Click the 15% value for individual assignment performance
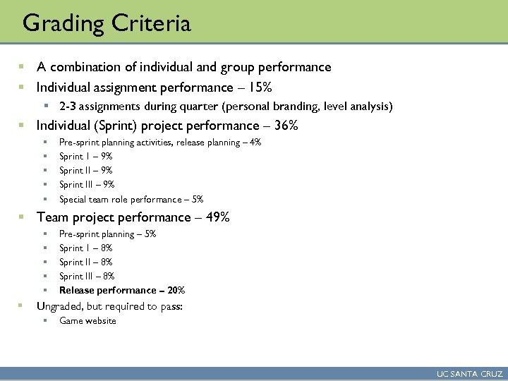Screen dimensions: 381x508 click(x=259, y=87)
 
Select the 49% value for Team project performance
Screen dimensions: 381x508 click(x=216, y=217)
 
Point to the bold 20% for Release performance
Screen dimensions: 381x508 click(x=177, y=290)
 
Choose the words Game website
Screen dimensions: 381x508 click(x=87, y=321)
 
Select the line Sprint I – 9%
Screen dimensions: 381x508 click(x=86, y=156)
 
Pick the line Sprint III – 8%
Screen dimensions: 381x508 click(x=87, y=276)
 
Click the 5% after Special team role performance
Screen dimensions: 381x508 click(x=197, y=199)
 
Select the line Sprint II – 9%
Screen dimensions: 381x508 click(x=87, y=170)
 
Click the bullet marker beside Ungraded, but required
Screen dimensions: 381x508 click(x=22, y=306)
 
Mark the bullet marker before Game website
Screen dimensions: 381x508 click(x=45, y=321)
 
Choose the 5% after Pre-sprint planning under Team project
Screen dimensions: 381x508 click(x=149, y=234)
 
